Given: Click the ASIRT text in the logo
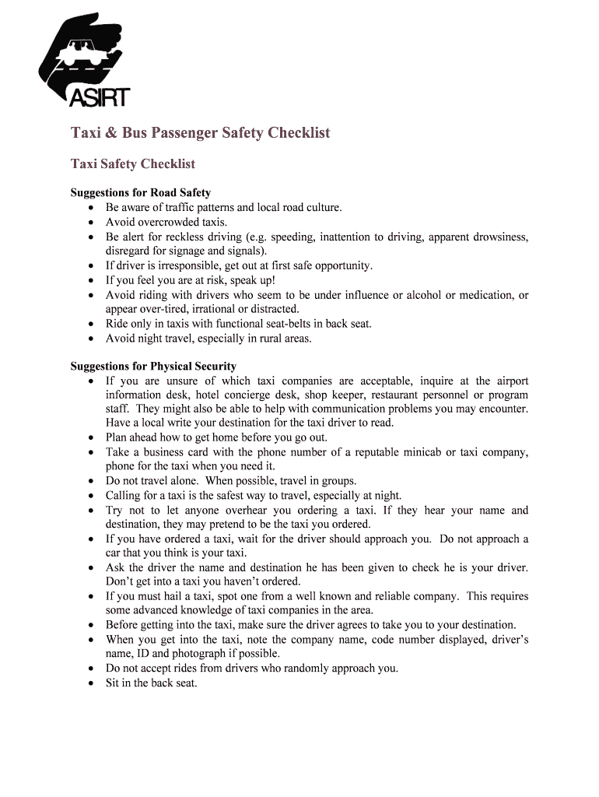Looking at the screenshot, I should (x=100, y=97).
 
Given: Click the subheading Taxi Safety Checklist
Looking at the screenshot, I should (x=133, y=163).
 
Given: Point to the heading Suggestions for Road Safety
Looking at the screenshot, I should (x=141, y=192).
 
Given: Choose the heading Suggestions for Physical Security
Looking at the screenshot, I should (x=153, y=366).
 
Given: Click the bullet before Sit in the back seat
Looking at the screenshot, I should (x=92, y=683).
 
